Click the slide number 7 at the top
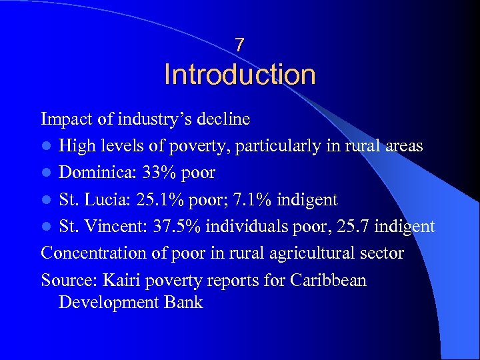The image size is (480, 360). coord(239,45)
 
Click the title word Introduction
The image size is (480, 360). coord(239,75)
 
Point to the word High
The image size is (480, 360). coord(76,147)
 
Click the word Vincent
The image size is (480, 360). coord(108,227)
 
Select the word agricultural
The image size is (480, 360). coord(312,253)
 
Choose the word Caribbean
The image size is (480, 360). coord(328,280)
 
